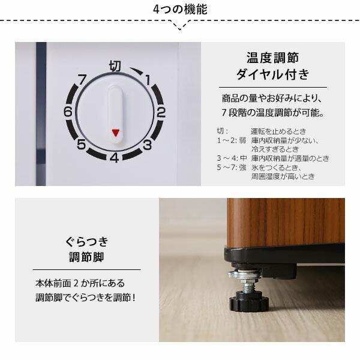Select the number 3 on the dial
point(146,144)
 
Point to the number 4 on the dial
point(113,158)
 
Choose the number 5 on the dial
point(81,144)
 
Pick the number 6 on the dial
point(68,112)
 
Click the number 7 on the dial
point(82,78)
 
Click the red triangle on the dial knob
point(115,133)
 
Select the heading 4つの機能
point(180,10)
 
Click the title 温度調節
point(272,58)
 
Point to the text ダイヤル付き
point(272,75)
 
